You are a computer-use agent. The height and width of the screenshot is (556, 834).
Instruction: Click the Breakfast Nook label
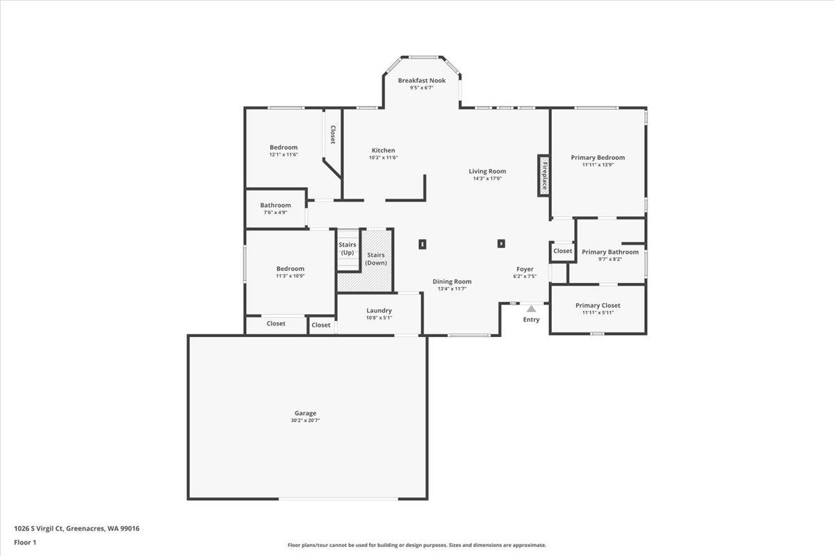[x=421, y=81]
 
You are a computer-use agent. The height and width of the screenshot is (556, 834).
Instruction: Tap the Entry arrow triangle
[x=531, y=308]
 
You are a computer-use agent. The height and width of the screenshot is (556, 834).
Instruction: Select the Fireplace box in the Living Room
[x=544, y=175]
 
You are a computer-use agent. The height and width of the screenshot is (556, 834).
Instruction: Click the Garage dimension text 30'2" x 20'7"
[x=305, y=420]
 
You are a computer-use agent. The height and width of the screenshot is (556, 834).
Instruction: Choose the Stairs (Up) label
[x=347, y=248]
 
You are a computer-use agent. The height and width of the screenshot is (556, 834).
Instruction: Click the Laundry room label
[x=379, y=311]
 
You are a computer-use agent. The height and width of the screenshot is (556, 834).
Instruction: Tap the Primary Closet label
[x=598, y=305]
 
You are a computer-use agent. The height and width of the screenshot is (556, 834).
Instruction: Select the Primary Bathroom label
[x=610, y=252]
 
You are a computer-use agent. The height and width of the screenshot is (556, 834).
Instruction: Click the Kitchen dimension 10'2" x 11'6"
[x=383, y=158]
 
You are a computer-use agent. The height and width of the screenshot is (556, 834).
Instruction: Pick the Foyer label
[x=525, y=269]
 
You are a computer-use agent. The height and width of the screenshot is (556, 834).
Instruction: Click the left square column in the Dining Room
[x=423, y=244]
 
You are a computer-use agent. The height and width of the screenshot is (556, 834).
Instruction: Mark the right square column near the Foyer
[x=500, y=243]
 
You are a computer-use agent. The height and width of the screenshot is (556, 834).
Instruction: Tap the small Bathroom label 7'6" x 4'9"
[x=275, y=212]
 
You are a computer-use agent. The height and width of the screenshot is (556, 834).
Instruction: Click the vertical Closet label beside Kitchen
[x=333, y=134]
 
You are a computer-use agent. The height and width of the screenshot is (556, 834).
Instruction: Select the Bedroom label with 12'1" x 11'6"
[x=284, y=147]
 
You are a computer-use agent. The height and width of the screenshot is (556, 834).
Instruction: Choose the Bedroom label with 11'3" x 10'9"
[x=290, y=269]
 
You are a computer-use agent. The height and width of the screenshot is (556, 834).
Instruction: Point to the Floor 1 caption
[x=25, y=541]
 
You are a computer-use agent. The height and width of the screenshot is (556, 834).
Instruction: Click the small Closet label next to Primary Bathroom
[x=562, y=251]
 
